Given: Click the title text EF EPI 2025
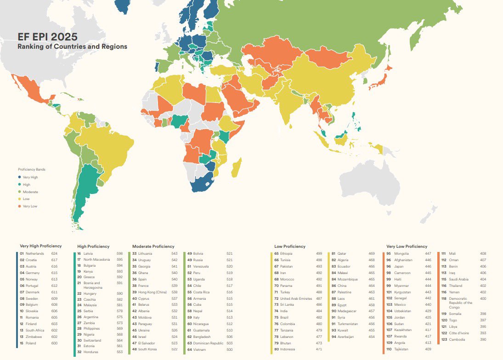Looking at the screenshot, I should coord(47,37).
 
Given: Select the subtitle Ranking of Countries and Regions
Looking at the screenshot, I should coord(72,47).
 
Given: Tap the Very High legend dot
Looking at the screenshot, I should coord(19,177).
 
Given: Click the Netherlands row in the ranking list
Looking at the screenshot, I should coord(35,253).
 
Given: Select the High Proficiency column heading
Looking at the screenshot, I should coord(93,246).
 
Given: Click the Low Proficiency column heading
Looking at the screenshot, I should coord(290,246).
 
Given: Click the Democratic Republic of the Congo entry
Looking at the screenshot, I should coord(460,303).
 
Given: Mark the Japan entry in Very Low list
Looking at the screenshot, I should coord(399,266).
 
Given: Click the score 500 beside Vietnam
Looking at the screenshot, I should coord(229,350).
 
